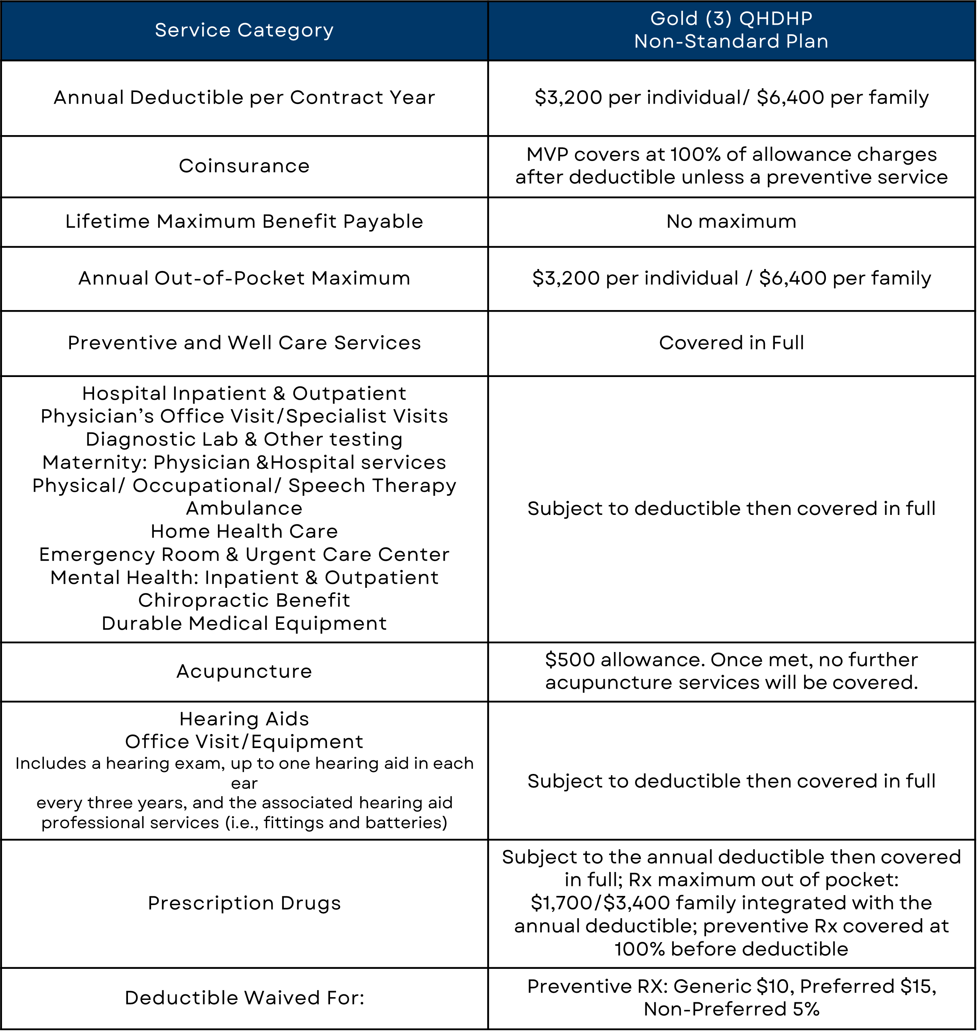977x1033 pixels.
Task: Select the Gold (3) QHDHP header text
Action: point(731,19)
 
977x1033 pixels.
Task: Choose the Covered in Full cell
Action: point(731,343)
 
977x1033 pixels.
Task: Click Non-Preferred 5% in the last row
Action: point(731,1009)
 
